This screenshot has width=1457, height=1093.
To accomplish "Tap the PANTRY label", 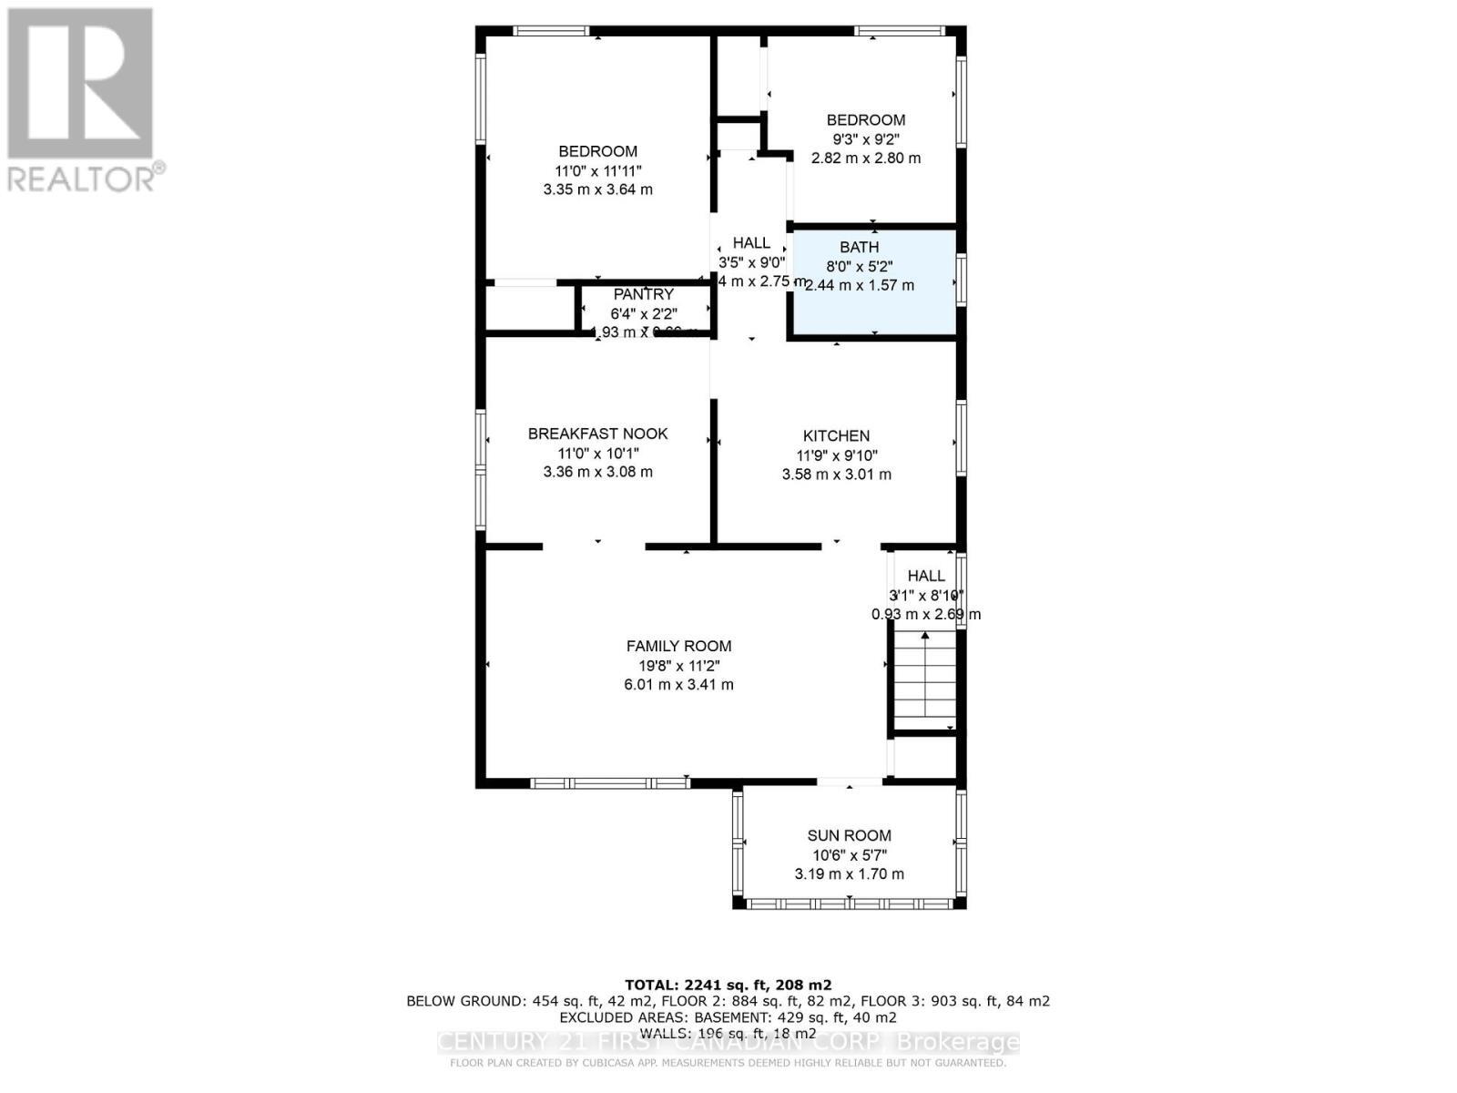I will pos(644,294).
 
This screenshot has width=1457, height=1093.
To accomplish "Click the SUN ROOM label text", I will pos(849,835).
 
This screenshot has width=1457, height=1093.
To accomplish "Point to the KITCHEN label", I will pos(836,436).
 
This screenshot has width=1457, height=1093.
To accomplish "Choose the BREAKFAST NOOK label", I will pos(597,434).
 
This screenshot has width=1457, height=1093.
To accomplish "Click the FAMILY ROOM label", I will pos(678,646).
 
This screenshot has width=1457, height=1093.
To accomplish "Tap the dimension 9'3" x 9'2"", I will pos(865,139).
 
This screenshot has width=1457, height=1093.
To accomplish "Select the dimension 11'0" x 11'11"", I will pos(597,170).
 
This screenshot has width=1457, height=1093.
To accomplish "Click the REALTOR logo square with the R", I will pos(80,84).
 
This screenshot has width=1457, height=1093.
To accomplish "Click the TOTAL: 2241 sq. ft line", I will pos(728,985).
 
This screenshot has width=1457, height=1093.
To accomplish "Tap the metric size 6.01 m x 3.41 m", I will pos(678,684).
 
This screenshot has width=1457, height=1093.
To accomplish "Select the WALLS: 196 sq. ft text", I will pos(728,1033).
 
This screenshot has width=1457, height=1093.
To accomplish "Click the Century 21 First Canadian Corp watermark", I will pos(728,1042).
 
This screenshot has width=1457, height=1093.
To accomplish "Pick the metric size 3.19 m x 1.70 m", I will pos(849,873).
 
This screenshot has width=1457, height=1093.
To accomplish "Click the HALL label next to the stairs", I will pos(926,576).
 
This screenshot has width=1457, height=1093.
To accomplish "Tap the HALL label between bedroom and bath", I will pos(751,243).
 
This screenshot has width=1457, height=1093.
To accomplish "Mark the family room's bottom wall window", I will pos(609,782).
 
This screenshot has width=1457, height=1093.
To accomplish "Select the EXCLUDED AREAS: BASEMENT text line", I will pos(728,1016).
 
